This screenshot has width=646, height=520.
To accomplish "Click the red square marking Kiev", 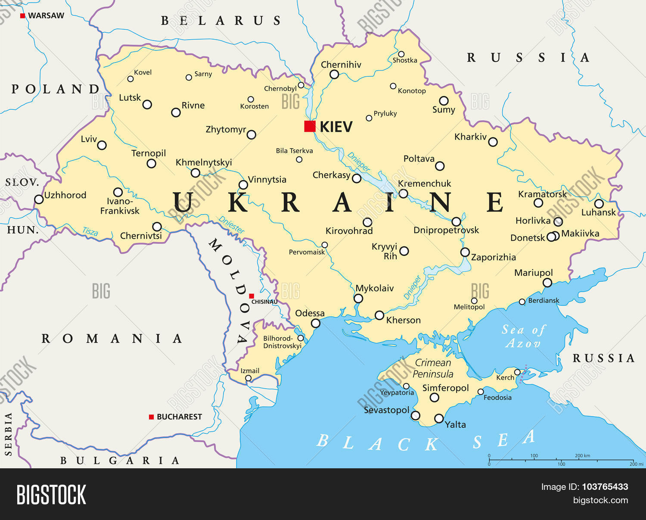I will click(310, 126).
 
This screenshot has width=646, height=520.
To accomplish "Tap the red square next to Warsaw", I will click(22, 16).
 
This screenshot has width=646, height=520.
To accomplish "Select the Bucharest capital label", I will click(179, 417).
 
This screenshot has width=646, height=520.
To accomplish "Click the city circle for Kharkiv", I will click(493, 142).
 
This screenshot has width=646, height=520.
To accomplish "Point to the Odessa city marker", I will click(316, 324).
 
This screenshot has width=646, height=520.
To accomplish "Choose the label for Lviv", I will click(89, 139).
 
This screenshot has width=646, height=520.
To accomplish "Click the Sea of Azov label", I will click(523, 336).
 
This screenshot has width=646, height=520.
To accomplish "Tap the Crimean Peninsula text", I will click(433, 368).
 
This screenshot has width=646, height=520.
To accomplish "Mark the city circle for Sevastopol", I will click(415, 416).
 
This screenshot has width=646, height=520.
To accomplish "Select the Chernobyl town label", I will click(280, 89).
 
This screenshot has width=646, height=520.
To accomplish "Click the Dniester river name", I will click(231, 224).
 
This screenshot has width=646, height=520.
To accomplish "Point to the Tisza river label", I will click(90, 231).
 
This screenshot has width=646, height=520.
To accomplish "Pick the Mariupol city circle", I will click(547, 283).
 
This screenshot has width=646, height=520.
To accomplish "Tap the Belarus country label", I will click(221, 21).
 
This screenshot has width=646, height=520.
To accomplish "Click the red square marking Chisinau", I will click(252, 296).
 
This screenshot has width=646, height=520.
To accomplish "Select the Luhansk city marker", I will click(599, 204).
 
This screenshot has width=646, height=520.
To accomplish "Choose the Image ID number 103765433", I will click(605, 487).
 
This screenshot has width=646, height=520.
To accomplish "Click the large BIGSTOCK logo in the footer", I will click(51, 494).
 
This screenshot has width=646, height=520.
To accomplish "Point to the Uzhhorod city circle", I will click(39, 199).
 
